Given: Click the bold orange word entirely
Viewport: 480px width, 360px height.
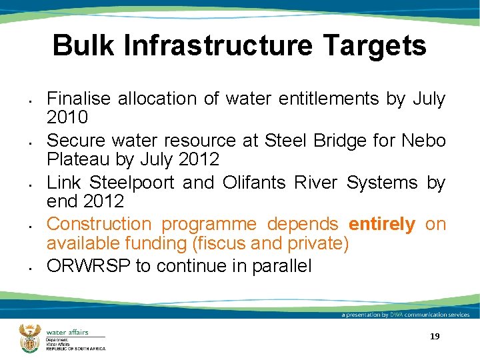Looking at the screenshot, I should pyautogui.click(x=381, y=224).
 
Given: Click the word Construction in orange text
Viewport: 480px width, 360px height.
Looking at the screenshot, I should pyautogui.click(x=99, y=224).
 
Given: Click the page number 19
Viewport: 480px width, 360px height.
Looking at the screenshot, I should pyautogui.click(x=435, y=337).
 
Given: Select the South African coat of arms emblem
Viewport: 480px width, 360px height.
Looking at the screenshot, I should pyautogui.click(x=30, y=337).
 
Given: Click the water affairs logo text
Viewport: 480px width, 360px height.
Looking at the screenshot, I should pyautogui.click(x=67, y=332).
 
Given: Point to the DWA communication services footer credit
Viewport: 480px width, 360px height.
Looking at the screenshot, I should pyautogui.click(x=405, y=315).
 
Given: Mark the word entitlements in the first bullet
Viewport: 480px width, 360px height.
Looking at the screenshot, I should pyautogui.click(x=317, y=99).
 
